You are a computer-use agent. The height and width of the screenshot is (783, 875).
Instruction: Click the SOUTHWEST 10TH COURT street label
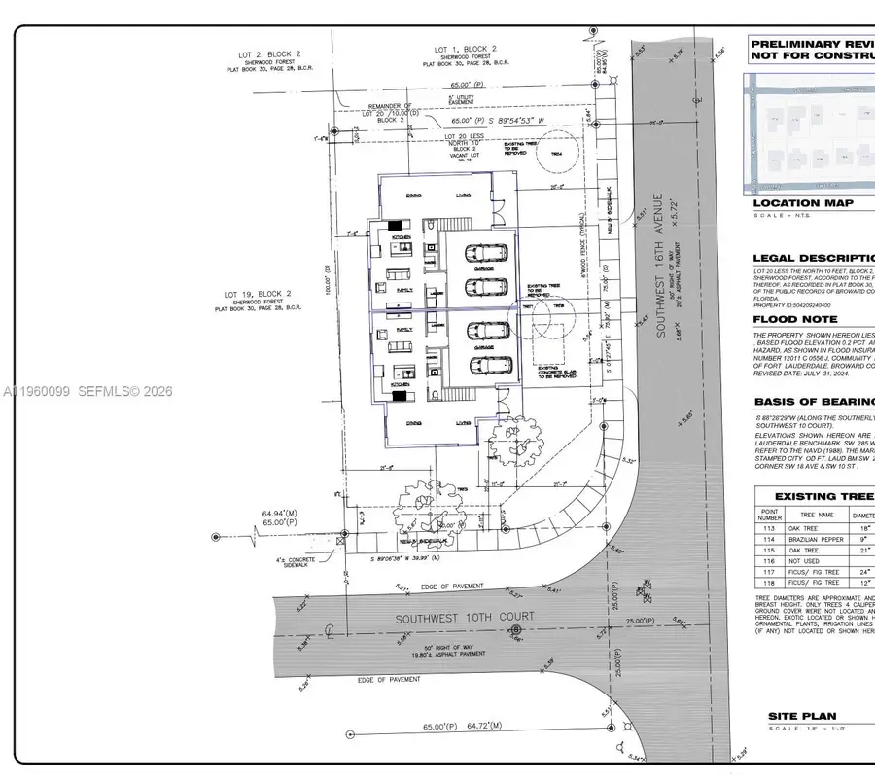point(465,618)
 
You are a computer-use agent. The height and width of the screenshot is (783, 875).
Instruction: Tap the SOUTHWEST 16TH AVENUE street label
point(660,265)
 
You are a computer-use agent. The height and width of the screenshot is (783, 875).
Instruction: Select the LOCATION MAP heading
point(803,203)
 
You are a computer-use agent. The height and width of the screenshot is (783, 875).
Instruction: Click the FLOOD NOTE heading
point(794,319)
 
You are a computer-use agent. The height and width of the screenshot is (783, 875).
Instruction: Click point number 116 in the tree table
point(770,561)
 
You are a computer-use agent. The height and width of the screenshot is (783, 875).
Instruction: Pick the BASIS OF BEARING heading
point(813,402)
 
